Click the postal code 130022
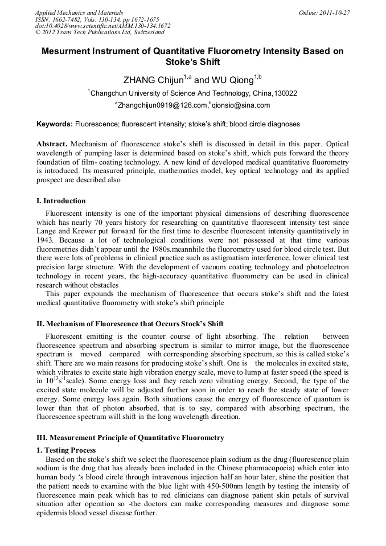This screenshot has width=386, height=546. [x=285, y=93]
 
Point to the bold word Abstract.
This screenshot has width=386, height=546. [x=52, y=144]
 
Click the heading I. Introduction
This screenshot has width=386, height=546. [x=61, y=201]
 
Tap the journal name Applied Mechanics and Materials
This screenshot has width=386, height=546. [x=79, y=13]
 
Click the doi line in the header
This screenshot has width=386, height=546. [x=102, y=26]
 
